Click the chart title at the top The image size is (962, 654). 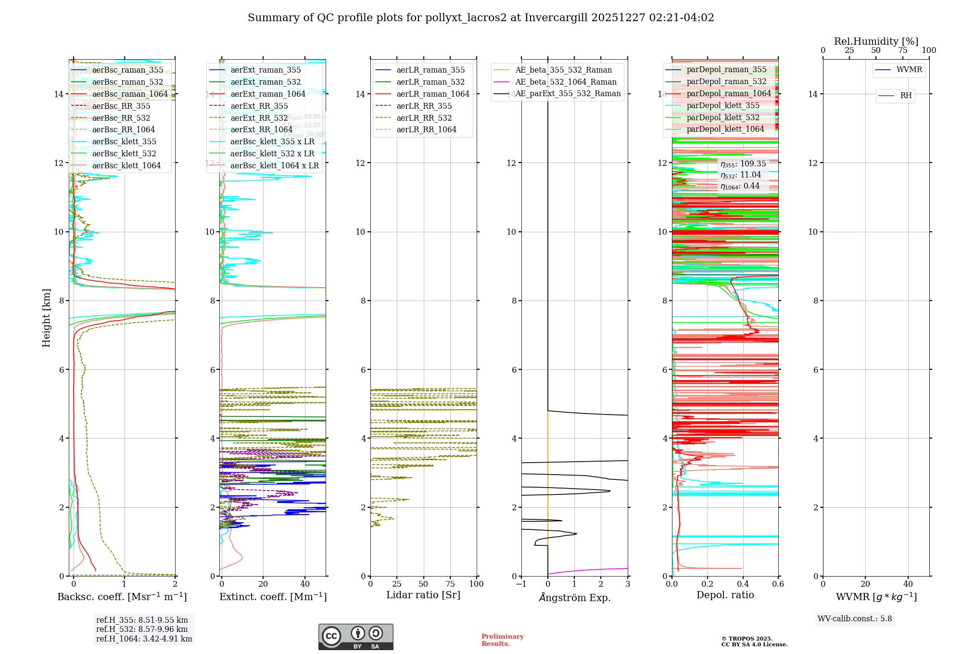pyautogui.click(x=481, y=18)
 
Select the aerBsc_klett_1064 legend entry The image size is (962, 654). pyautogui.click(x=126, y=165)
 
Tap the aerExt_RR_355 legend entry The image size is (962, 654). pyautogui.click(x=259, y=106)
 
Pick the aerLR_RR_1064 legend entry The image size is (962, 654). pyautogui.click(x=426, y=129)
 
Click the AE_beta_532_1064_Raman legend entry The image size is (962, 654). pyautogui.click(x=566, y=82)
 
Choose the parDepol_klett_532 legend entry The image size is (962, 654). pyautogui.click(x=723, y=117)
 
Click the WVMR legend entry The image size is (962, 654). pyautogui.click(x=909, y=70)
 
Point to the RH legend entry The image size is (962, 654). pyautogui.click(x=906, y=96)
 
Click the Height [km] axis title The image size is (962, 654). pyautogui.click(x=46, y=317)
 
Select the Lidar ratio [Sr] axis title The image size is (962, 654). pyautogui.click(x=423, y=595)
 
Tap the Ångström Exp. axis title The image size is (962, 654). pyautogui.click(x=574, y=597)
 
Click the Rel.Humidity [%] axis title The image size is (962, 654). pyautogui.click(x=876, y=41)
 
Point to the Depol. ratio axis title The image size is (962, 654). pyautogui.click(x=725, y=595)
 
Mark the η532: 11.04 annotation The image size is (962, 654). pyautogui.click(x=741, y=175)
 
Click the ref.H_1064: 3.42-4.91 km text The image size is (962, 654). pyautogui.click(x=144, y=639)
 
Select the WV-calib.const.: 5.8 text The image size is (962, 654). pyautogui.click(x=855, y=618)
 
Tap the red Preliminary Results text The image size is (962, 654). pyautogui.click(x=502, y=640)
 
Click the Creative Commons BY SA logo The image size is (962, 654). pyautogui.click(x=355, y=637)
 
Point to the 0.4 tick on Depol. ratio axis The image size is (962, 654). pyautogui.click(x=743, y=584)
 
